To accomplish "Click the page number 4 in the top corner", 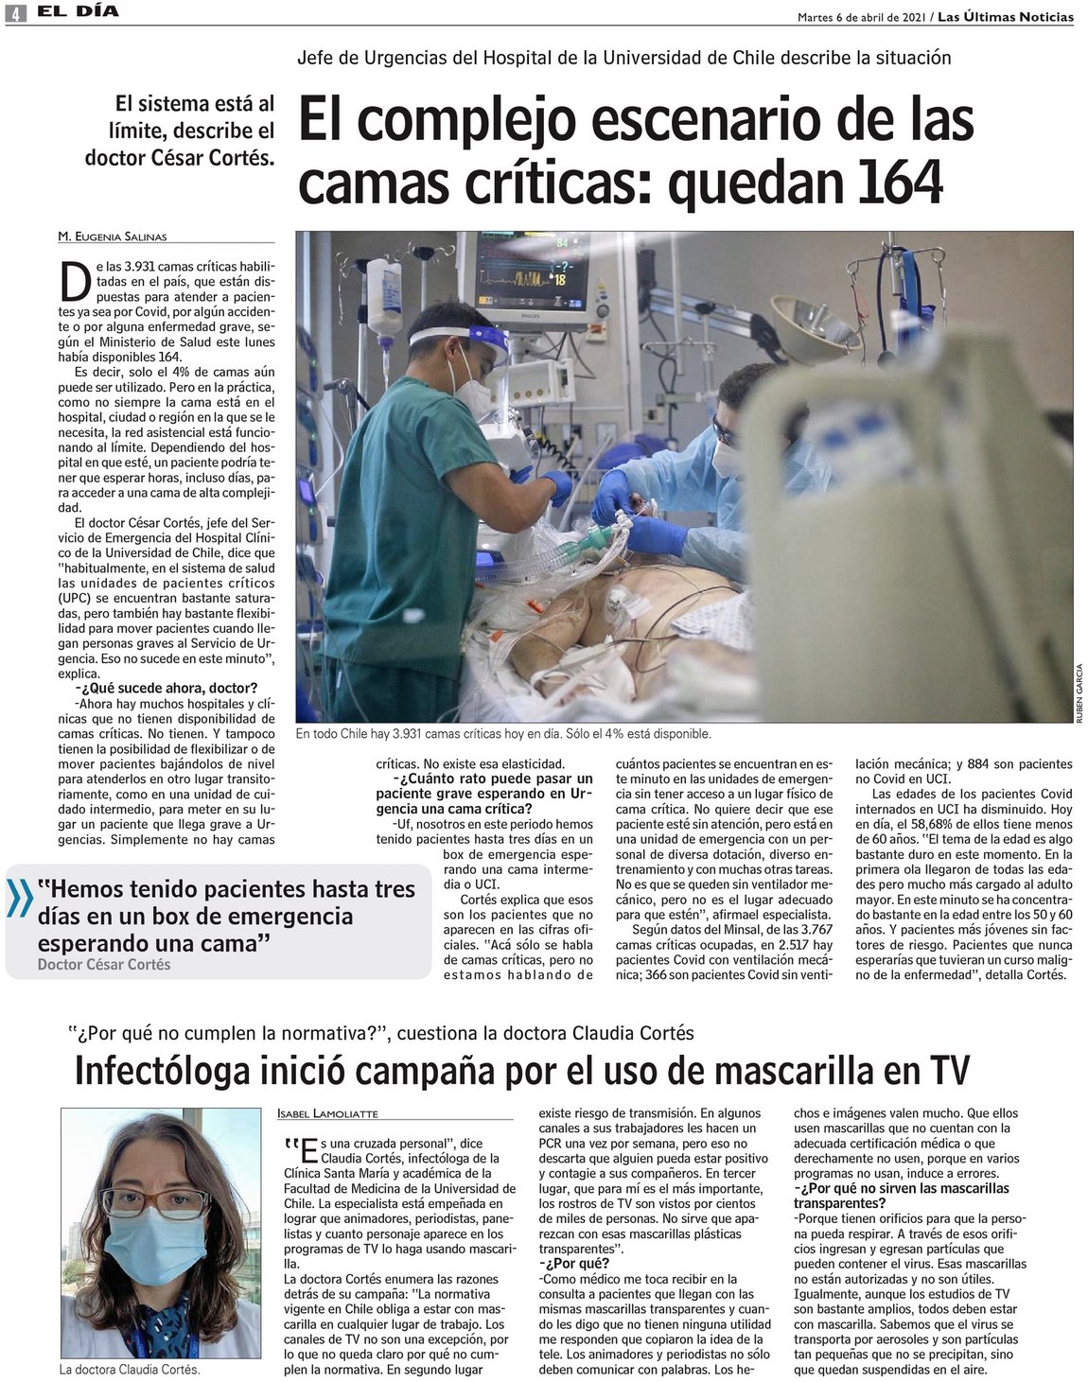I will pos(14,13).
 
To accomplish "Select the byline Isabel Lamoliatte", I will pos(326,1113).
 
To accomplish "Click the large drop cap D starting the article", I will pos(78,281).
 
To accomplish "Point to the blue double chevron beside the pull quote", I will pos(19,900).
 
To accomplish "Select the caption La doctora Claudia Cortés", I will pos(130,1369).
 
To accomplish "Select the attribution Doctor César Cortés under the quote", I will pos(104,964).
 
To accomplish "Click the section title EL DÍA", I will pos(85,13).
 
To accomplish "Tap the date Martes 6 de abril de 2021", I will pos(861,17).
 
